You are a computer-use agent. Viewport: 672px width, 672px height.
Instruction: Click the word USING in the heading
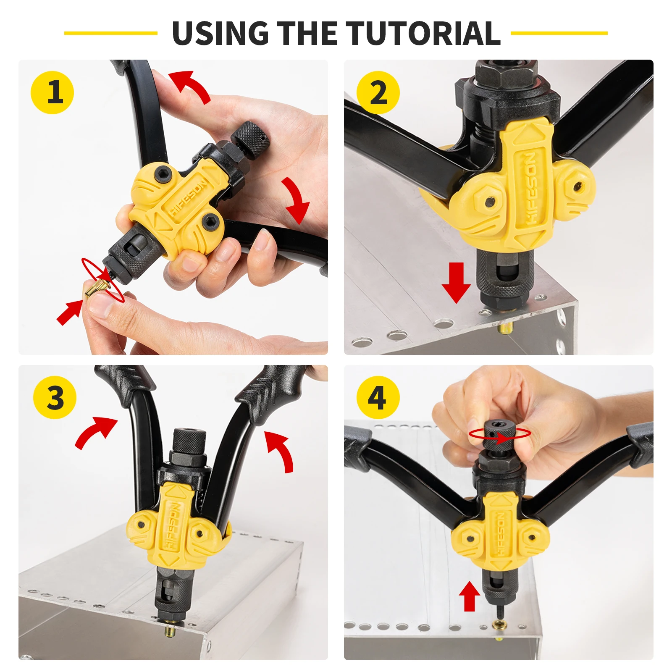[220, 33]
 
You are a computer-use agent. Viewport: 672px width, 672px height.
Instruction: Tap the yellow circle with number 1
[52, 92]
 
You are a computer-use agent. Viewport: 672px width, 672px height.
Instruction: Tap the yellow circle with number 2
[378, 92]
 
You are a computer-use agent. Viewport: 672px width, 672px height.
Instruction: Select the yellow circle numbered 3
[55, 397]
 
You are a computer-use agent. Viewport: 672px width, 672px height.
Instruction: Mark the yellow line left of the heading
[110, 33]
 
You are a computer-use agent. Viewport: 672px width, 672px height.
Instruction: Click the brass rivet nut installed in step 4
[499, 625]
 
